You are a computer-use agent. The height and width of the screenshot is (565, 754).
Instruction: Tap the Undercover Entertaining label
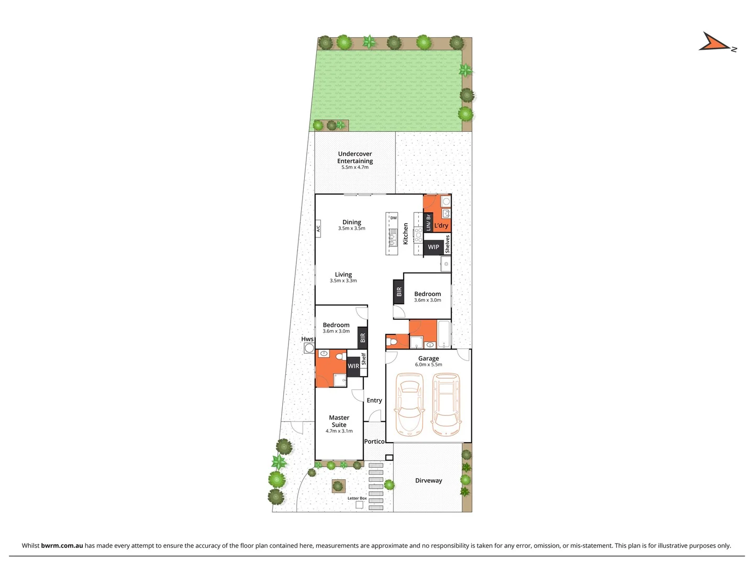pos(355,157)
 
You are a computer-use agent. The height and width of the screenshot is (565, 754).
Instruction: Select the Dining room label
pos(352,222)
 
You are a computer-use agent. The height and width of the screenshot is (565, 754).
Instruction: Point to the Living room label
pos(343,275)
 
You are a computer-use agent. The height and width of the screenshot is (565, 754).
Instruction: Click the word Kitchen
pos(406,234)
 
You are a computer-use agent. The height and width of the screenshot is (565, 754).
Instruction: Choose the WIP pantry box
pos(434,247)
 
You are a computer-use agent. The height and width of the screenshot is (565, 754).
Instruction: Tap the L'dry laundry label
pos(441,225)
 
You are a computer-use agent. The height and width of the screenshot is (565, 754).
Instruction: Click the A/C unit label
pos(318,229)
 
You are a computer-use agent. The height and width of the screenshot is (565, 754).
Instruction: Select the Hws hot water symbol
pos(309,348)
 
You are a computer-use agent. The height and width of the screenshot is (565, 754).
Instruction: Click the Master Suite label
pos(339,421)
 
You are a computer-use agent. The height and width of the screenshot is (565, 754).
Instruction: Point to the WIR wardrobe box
pos(353,366)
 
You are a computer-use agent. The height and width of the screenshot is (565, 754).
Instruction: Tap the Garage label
pos(428,358)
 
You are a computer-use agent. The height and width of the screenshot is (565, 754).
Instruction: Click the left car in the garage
pos(409,404)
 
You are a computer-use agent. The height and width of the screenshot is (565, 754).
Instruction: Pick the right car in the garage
pos(447,404)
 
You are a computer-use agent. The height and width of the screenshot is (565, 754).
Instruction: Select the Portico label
pos(374,442)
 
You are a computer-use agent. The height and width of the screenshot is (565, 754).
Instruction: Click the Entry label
pos(374,400)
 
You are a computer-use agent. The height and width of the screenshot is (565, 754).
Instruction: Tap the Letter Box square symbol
pos(359,505)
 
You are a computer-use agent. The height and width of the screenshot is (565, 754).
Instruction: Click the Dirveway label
pos(428,480)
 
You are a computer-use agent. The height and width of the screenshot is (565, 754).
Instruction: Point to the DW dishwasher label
pos(394,218)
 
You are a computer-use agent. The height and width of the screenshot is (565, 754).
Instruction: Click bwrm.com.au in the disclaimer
pos(62,546)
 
